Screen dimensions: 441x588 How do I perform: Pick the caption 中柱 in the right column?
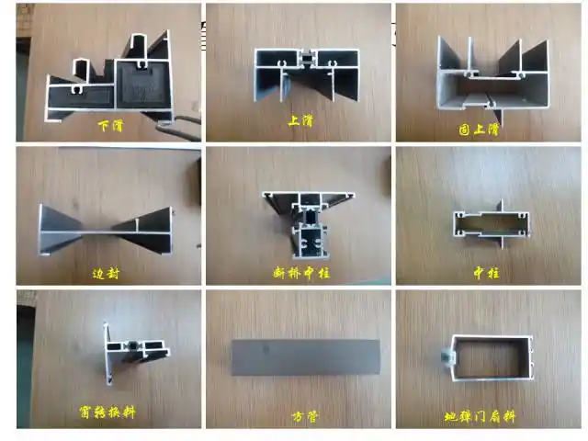(x=486, y=273)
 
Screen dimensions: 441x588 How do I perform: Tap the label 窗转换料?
(x=107, y=413)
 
